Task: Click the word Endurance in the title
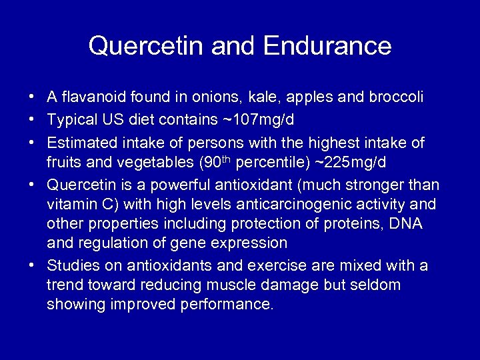[327, 46]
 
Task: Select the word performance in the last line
[227, 305]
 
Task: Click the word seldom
[376, 285]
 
